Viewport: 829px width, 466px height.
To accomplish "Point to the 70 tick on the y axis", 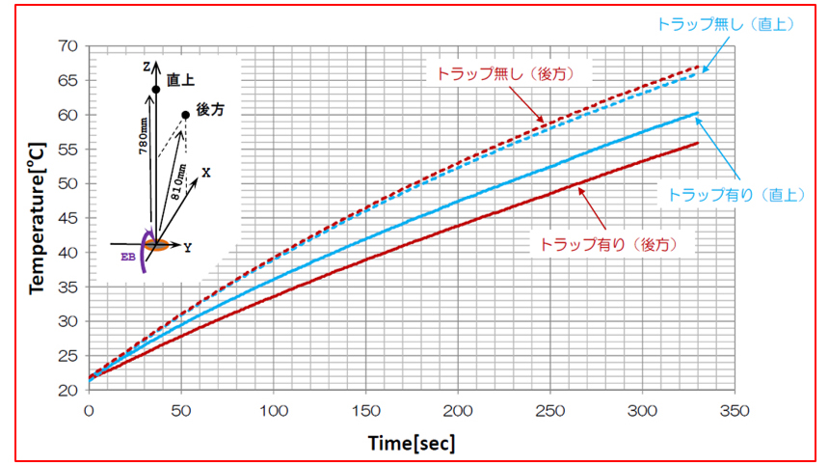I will click(x=67, y=45).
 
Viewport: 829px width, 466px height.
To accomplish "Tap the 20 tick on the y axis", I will click(x=67, y=391).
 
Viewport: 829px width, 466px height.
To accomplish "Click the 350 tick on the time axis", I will click(x=735, y=410).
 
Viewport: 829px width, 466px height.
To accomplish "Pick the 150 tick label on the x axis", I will click(x=365, y=410).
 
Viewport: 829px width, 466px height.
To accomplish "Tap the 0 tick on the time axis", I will click(x=89, y=410).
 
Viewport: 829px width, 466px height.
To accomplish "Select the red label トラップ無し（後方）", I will click(x=506, y=73).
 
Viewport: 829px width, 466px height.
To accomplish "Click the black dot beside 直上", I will click(x=155, y=90).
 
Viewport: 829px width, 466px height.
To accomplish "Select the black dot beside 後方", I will click(x=185, y=116).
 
